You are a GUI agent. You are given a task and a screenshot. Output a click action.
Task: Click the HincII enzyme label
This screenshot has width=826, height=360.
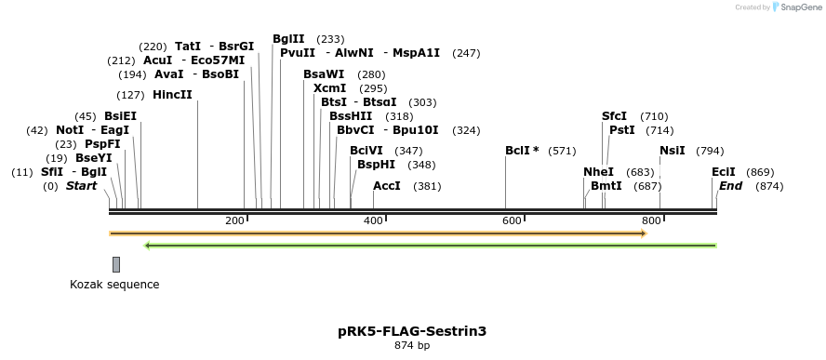[x=173, y=95]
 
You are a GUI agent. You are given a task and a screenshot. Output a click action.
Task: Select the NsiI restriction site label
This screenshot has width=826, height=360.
[x=673, y=151]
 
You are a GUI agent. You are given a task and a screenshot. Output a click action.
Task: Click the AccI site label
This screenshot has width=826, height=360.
[x=387, y=186]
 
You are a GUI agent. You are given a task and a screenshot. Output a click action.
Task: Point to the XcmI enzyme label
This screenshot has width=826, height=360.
[x=330, y=88]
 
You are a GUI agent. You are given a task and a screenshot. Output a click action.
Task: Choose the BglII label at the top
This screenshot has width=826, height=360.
[x=288, y=39]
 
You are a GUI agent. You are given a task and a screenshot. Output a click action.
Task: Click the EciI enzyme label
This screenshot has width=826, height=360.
[x=724, y=172]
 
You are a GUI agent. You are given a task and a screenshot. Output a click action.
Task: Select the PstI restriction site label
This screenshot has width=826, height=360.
[x=622, y=130]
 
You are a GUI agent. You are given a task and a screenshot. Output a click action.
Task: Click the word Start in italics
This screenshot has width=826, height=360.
[x=81, y=186]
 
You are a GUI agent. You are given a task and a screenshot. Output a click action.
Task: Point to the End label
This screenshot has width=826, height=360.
[x=731, y=186]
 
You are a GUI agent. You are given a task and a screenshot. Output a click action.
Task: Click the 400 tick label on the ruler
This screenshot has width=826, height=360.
[x=372, y=220]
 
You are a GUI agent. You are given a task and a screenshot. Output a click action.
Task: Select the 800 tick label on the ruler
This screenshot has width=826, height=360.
[x=651, y=220]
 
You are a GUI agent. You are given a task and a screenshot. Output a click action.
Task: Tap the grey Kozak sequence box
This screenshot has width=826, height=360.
[x=116, y=264]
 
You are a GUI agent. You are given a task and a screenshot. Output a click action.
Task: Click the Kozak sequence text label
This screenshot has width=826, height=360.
[x=114, y=285]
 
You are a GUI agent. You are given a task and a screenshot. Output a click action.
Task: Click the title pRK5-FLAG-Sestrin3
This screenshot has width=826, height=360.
[x=412, y=330]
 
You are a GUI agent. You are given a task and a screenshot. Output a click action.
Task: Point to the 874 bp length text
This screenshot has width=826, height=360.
[x=412, y=346]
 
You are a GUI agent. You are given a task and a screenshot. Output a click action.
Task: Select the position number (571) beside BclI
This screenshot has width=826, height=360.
[x=562, y=151]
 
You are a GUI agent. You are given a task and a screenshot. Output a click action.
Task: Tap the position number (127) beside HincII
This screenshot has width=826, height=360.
[x=130, y=95]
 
